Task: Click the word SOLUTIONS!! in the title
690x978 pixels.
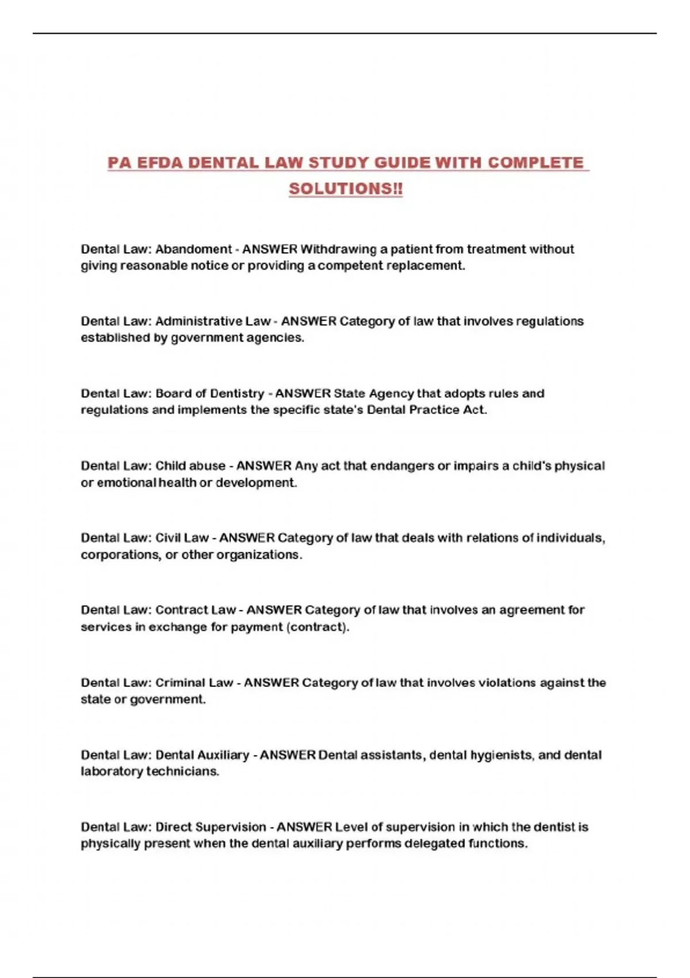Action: coord(346,189)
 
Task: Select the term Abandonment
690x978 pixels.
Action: coord(193,249)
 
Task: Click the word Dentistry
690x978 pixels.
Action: coord(235,394)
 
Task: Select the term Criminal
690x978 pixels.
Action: coord(180,683)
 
